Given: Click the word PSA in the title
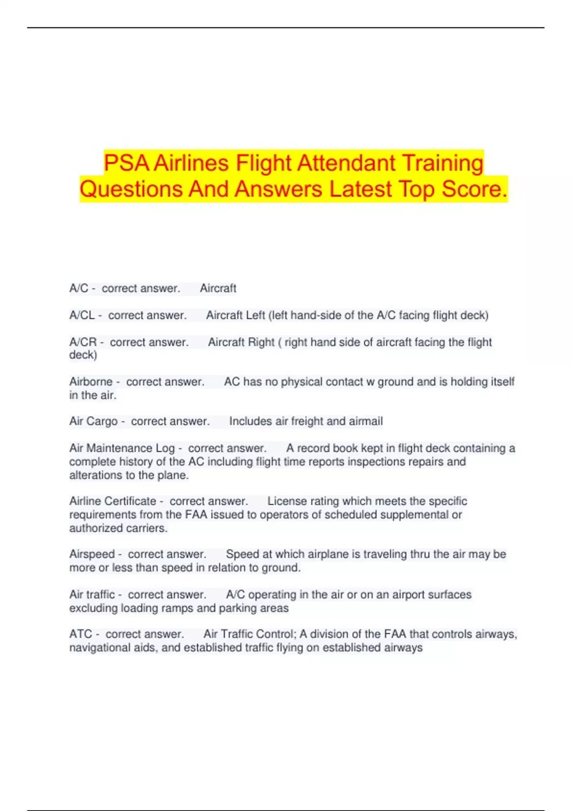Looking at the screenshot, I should [x=126, y=163].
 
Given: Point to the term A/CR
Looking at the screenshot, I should [x=83, y=342].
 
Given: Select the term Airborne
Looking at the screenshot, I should [x=91, y=382].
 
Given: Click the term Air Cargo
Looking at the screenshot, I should [x=93, y=421].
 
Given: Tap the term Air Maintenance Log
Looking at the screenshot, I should [x=122, y=448].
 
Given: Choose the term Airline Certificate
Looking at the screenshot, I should [x=112, y=501].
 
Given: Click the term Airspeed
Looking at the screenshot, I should [x=92, y=554].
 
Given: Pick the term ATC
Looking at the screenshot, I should [x=81, y=634].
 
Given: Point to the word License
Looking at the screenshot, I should [x=287, y=501].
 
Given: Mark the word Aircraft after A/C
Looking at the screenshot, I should [x=218, y=288].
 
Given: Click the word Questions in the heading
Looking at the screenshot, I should [x=131, y=189].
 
